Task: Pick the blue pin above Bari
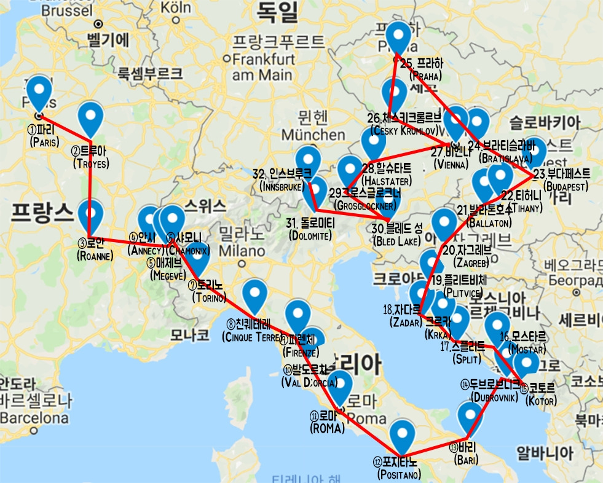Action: [x=471, y=418]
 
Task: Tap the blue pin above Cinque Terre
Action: [x=254, y=295]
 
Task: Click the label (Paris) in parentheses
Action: [x=44, y=142]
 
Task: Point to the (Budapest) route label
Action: [x=566, y=186]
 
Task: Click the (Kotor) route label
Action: [x=541, y=401]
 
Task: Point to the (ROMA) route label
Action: [x=327, y=428]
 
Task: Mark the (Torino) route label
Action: [x=208, y=298]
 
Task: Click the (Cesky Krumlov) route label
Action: [x=404, y=130]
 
